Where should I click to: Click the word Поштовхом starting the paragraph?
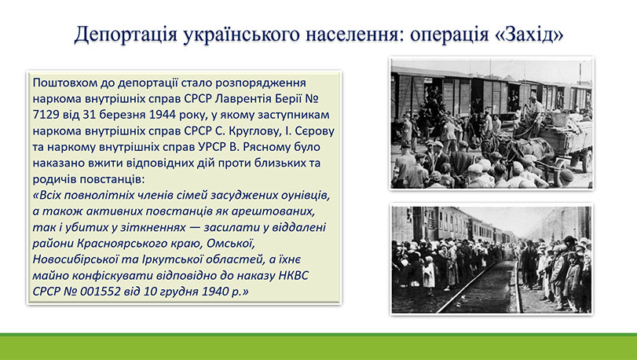click(64, 83)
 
